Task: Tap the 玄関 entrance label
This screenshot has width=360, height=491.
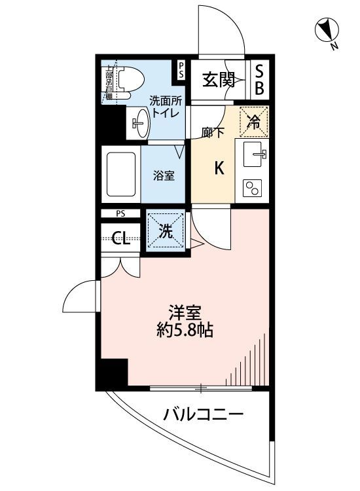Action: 218,81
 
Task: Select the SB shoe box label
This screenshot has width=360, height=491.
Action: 259,81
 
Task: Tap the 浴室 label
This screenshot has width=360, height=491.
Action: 164,175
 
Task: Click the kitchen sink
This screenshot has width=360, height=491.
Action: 253,155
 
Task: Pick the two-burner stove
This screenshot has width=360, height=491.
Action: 252,188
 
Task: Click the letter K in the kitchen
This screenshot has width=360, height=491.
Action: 220,168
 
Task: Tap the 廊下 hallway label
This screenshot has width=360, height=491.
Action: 213,132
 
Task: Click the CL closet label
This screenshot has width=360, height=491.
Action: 120,238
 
